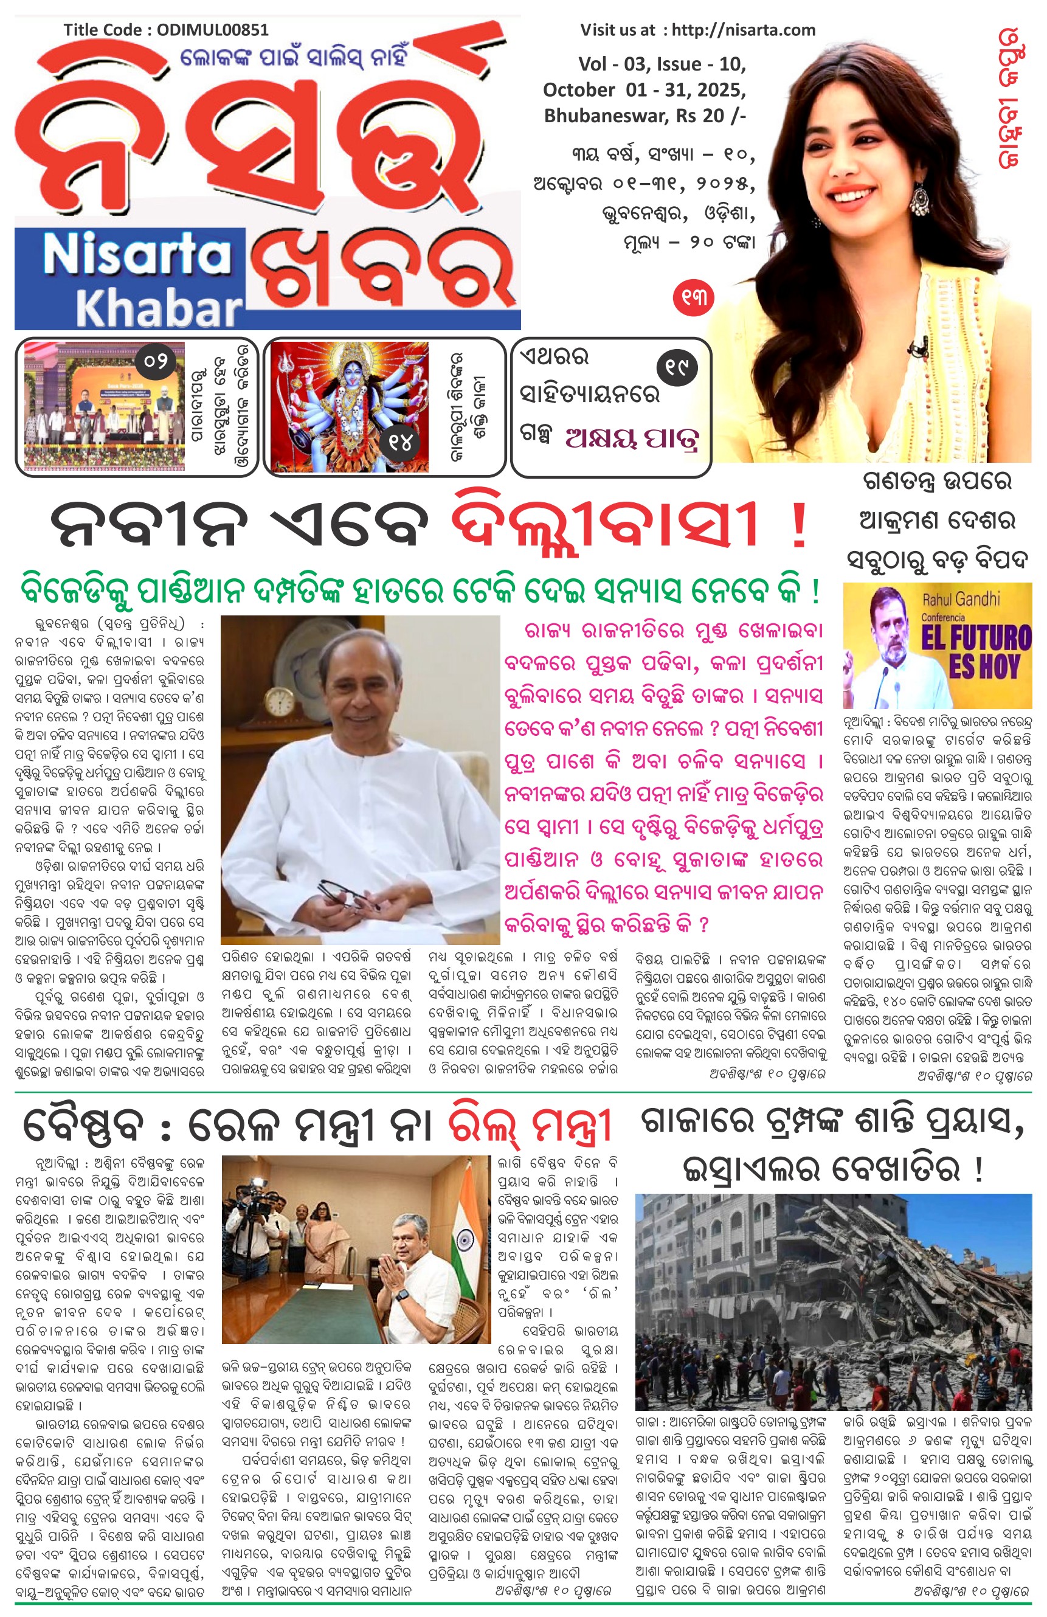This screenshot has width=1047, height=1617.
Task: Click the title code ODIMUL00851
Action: [x=213, y=30]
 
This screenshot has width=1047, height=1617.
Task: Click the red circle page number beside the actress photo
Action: [x=693, y=297]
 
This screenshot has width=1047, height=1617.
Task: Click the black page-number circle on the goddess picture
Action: [x=401, y=443]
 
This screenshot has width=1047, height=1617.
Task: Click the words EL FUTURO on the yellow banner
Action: [x=976, y=637]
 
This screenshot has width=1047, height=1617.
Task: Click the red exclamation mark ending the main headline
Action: [x=800, y=527]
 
